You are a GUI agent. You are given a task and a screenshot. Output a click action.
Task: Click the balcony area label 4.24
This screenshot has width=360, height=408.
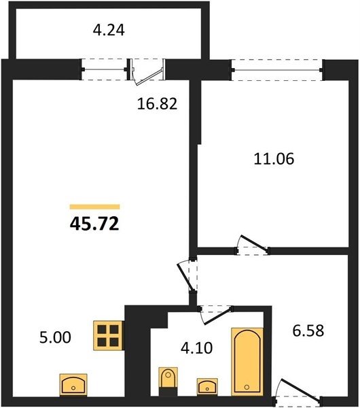pos(109,30)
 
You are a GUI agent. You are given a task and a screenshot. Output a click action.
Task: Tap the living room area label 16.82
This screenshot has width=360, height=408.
pos(157,103)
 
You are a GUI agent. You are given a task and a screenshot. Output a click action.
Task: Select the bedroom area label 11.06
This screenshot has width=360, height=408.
pos(274,158)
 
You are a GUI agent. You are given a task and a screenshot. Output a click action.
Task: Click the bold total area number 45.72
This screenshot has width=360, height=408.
pos(94,224)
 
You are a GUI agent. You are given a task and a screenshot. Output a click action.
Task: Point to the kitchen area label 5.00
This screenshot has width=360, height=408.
pos(55,337)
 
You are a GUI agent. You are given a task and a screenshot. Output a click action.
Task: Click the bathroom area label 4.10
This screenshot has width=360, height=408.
pos(196,348)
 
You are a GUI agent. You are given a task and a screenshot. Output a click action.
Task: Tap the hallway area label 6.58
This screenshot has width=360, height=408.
pos(308,331)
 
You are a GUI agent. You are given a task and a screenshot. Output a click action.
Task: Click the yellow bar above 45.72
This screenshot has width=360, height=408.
pos(94,207)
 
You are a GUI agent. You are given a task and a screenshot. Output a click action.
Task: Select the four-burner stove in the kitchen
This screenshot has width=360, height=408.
pos(108,335)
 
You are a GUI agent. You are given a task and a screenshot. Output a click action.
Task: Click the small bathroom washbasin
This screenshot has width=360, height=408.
pos(207,386)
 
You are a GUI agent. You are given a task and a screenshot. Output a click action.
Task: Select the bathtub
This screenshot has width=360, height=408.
pos(247,362)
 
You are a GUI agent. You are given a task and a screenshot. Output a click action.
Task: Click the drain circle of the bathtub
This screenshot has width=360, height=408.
pos(247,388)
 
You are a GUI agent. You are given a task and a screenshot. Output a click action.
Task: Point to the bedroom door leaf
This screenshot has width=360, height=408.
pos(254,243)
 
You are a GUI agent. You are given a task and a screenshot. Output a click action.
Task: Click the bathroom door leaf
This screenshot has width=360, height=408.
pos(218,316)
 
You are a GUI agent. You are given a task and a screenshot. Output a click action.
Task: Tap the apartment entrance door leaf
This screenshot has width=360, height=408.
pos(300,388)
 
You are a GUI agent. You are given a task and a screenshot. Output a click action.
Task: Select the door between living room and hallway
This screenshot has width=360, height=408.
pos(185,277)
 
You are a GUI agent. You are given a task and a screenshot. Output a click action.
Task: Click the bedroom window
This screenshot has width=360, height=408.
pos(277,70)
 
